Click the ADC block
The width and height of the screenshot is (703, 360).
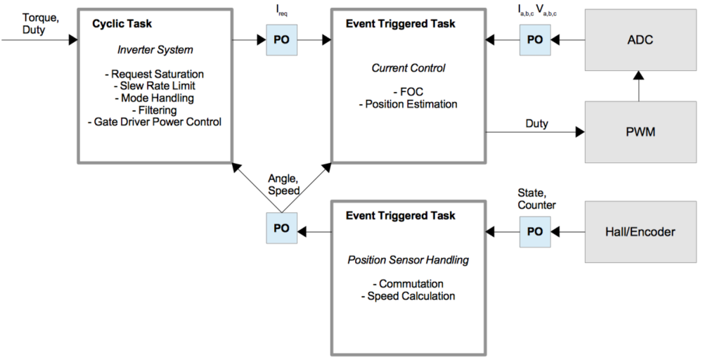pos(638,39)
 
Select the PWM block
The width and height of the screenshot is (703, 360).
pos(638,131)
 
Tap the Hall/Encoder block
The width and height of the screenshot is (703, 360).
pos(638,231)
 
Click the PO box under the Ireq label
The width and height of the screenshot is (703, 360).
pos(281,40)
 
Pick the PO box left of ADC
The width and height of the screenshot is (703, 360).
pos(535,40)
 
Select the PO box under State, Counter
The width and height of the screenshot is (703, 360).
pos(535,231)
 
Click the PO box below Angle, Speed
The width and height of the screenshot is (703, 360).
pos(281,230)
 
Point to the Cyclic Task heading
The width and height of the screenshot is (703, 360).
pos(122,25)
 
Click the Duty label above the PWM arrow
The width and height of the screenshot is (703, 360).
pos(538,123)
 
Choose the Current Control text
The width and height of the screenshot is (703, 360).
pos(408,68)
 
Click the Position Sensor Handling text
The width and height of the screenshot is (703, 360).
pos(408,259)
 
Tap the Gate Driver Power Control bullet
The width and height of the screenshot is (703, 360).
pos(154,122)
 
